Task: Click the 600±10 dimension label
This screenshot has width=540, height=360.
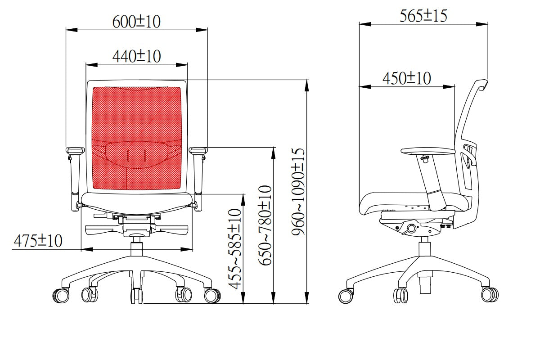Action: (x=136, y=22)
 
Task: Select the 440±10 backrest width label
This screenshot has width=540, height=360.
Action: (x=137, y=56)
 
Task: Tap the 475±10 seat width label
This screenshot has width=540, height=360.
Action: (x=38, y=241)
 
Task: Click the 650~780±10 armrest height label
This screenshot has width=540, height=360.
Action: (x=265, y=225)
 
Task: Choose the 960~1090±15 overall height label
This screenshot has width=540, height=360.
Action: (x=298, y=192)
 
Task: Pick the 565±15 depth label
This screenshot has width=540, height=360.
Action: (x=423, y=16)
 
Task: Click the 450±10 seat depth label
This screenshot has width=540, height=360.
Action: (x=407, y=78)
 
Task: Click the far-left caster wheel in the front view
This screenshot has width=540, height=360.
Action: (x=61, y=295)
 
